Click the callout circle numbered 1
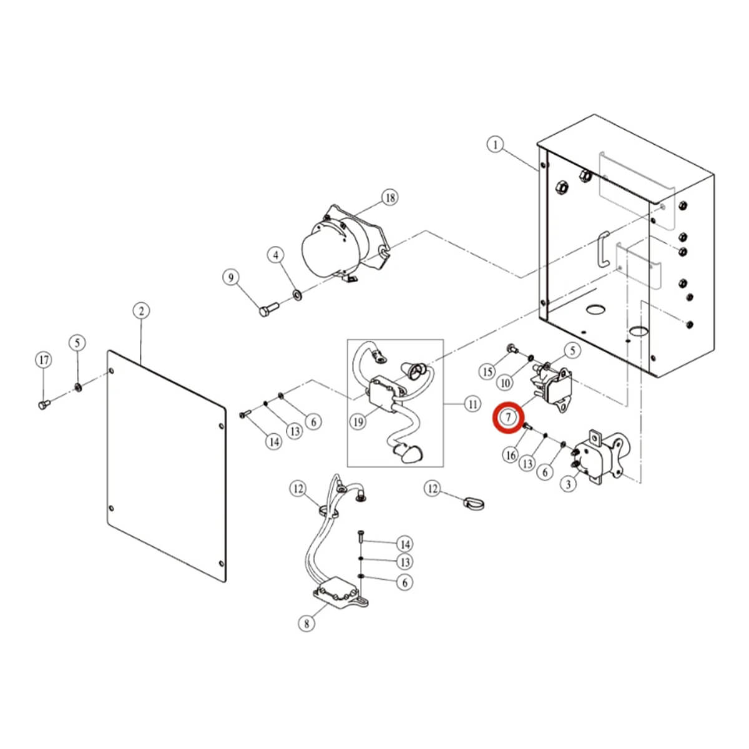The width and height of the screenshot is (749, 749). tap(495, 145)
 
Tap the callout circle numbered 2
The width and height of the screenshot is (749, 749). tap(141, 311)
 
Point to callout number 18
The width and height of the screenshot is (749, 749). tap(390, 198)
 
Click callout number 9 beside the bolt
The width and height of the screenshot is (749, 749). tap(232, 277)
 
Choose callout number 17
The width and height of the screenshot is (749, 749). tap(43, 360)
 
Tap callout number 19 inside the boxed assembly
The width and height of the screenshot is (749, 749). tap(358, 423)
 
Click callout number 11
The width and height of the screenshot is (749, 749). tap(472, 404)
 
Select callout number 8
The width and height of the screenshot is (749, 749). tap(306, 623)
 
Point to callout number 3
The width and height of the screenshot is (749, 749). tap(567, 484)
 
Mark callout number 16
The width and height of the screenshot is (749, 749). tap(511, 455)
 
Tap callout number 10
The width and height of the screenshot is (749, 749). tap(505, 382)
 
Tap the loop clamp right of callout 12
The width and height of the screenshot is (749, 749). tap(475, 501)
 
